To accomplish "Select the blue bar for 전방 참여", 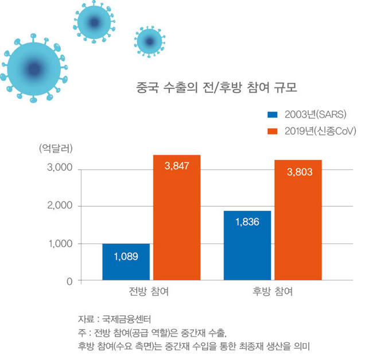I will click(x=126, y=262).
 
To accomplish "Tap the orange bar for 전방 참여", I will click(x=176, y=218).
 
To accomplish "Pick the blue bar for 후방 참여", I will click(x=247, y=246).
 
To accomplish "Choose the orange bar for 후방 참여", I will click(x=298, y=220).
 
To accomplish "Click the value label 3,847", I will click(x=176, y=167).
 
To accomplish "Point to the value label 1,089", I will click(x=126, y=256).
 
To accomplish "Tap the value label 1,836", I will click(x=247, y=222).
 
